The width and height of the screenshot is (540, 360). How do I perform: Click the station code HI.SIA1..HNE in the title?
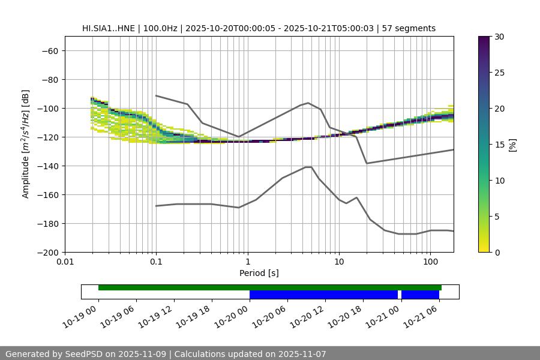point(109,28)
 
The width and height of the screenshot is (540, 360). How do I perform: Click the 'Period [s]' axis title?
point(259,273)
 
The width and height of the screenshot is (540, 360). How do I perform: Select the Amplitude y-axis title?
point(26,144)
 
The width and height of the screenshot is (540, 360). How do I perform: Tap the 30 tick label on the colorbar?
point(499,37)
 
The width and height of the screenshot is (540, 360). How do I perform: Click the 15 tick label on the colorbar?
point(499,145)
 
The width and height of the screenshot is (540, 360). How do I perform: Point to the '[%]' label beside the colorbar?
point(512,145)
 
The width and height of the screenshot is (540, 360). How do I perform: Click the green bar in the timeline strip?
point(270,287)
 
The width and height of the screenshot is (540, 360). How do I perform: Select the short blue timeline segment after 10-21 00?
point(420,295)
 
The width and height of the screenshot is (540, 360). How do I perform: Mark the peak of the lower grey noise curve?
point(308,167)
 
